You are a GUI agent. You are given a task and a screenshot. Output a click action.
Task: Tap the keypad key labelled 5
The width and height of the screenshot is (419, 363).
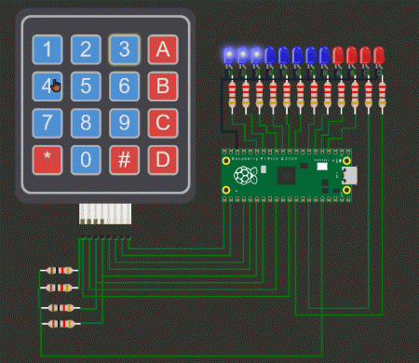[x=86, y=87]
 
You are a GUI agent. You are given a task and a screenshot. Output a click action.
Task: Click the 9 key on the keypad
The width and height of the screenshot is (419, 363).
[x=124, y=123]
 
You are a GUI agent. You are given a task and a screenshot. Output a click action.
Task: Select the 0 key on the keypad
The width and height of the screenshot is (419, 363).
[x=86, y=159]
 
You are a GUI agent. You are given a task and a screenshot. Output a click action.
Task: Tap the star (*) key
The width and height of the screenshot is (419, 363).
[x=47, y=159]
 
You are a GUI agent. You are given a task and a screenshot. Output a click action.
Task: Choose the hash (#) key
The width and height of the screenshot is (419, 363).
[x=124, y=159]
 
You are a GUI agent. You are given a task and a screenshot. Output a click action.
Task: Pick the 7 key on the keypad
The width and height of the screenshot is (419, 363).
[x=47, y=123]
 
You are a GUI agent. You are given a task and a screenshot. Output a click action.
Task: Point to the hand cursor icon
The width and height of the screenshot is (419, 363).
[x=56, y=87]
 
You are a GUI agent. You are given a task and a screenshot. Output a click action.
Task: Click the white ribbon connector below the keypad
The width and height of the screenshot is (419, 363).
[x=104, y=215]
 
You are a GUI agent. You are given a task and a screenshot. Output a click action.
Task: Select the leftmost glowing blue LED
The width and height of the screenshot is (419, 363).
[x=229, y=56]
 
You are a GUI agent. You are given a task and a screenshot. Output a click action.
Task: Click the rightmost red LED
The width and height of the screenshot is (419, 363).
[x=379, y=56]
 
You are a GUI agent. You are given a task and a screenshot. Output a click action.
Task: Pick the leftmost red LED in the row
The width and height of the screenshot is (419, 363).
[x=338, y=56]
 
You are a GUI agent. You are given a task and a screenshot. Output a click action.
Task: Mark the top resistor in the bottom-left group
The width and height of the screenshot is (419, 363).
[x=60, y=271]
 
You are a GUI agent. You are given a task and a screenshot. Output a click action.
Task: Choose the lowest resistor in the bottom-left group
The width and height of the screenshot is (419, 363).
[x=60, y=324]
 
